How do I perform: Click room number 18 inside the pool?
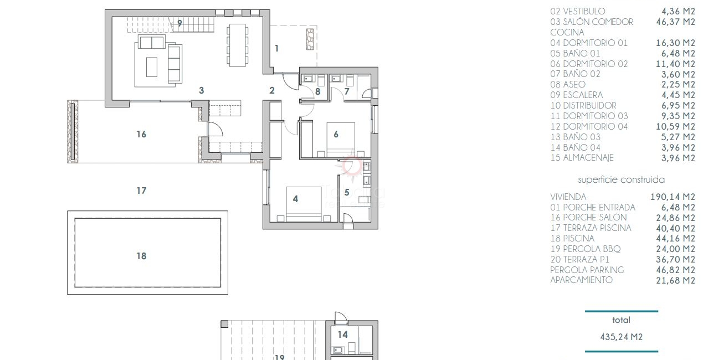pos(141,256)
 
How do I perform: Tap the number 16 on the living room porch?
pos(141,135)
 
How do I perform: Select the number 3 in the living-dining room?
pos(202,90)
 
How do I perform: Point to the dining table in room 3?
pos(237,45)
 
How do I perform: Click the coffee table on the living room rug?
pos(152,67)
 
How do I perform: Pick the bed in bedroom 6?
pos(341,140)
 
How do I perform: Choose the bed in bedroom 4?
pos(304,204)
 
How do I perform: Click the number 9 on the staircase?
pos(179,23)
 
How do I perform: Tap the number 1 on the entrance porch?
pos(276,48)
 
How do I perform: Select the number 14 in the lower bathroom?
pos(343,335)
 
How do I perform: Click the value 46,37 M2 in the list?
pos(675,22)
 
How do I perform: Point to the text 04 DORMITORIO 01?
pos(589,43)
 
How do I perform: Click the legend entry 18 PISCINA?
pos(572,238)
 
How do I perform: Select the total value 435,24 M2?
pos(622,337)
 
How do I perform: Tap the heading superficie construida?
pos(622,179)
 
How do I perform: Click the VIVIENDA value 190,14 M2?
pos(673,197)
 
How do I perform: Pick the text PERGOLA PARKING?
pos(587,270)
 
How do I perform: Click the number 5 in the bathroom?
pos(347,192)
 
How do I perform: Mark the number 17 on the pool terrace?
pos(141,191)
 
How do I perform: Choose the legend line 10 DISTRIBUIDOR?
pos(583,105)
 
